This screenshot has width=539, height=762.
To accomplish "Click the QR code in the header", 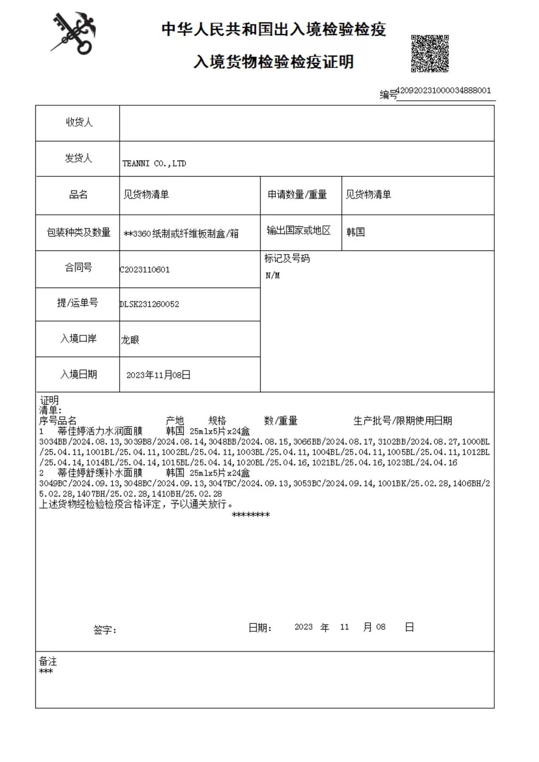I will [x=430, y=53].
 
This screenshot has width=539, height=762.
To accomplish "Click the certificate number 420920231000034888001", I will [x=443, y=91].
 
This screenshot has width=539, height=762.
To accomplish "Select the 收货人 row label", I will [x=79, y=123].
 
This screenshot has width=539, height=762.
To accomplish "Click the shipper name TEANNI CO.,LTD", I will [x=154, y=163].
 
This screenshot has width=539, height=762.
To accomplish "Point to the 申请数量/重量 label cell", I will [x=297, y=195].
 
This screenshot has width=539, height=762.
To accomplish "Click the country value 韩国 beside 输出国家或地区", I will [x=355, y=232].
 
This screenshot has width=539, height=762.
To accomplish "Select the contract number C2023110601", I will [x=145, y=270].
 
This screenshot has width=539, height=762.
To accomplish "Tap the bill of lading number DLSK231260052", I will [x=149, y=304].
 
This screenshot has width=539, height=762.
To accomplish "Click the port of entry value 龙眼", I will [x=130, y=340].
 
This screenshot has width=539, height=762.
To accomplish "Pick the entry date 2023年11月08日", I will [x=158, y=375].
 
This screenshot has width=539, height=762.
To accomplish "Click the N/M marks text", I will [x=272, y=275].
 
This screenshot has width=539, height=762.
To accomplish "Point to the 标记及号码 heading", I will [x=287, y=259].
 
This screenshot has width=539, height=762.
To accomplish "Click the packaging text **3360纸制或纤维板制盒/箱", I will [x=181, y=234].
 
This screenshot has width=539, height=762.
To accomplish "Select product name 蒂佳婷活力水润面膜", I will [x=100, y=431].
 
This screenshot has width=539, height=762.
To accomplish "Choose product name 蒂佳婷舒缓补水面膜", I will [x=100, y=473].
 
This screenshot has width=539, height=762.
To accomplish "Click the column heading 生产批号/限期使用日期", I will [x=403, y=420].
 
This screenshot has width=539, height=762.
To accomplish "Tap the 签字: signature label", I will [x=105, y=630].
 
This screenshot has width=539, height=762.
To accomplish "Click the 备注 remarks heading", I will [x=48, y=661].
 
